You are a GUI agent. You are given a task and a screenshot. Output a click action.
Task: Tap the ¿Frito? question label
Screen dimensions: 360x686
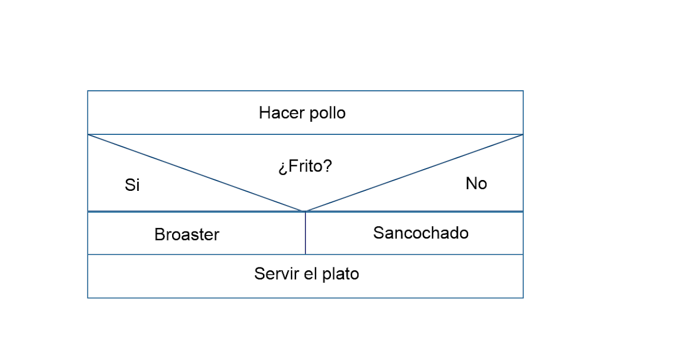pos(305,167)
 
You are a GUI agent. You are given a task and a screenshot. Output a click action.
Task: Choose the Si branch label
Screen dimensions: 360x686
pos(132,185)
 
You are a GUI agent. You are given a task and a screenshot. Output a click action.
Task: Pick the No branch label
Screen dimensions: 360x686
pos(476,183)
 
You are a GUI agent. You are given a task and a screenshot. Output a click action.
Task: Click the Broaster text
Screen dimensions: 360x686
pos(187,235)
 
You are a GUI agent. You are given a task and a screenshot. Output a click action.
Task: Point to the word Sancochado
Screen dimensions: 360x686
pos(421,233)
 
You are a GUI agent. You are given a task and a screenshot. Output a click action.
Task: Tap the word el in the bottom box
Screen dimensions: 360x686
pos(311,274)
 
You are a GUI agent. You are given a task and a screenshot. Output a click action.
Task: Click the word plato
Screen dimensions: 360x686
pos(341,274)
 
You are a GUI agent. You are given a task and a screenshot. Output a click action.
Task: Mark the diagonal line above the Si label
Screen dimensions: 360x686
pos(194,172)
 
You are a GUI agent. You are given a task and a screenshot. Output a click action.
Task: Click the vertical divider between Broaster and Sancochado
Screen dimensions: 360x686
pos(305,233)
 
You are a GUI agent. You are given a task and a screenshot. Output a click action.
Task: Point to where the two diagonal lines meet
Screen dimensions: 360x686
pos(304,211)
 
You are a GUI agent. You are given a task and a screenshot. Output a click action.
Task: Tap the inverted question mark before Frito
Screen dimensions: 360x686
pos(282,168)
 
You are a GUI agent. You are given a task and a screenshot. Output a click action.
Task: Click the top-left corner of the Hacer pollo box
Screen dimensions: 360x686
pos(87,91)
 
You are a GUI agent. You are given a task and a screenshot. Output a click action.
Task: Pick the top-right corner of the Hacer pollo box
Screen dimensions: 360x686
pos(523,91)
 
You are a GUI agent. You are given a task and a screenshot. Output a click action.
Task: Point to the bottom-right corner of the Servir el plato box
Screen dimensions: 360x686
pos(523,298)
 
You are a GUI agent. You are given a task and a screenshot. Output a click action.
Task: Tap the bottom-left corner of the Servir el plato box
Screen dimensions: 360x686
pos(87,298)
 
